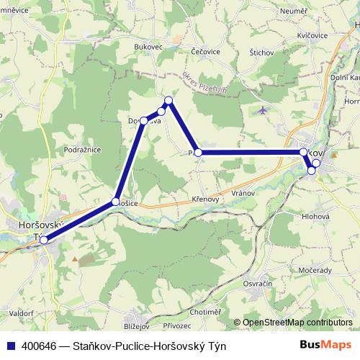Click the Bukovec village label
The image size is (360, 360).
pos(149,48)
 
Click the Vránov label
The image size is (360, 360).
pos(245,194)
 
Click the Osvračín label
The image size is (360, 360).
pos(258,284)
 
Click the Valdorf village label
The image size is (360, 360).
pos(22,313)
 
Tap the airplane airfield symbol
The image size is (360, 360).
pos(261,111)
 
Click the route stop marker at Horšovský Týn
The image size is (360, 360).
pos(44,240)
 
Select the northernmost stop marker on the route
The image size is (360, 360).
pos(168,100)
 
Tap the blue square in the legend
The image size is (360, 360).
pos(12,346)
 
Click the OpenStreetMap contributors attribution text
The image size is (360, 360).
pos(297,323)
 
